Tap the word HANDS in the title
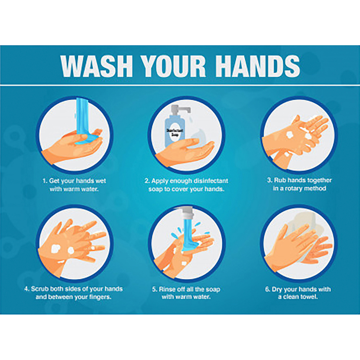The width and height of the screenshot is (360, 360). pyautogui.click(x=258, y=66)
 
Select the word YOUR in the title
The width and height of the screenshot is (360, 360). pyautogui.click(x=174, y=66)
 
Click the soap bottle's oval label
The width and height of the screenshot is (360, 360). pyautogui.click(x=175, y=133)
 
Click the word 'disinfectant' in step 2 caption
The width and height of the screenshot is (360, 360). pyautogui.click(x=211, y=181)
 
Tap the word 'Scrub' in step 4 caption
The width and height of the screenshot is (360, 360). pyautogui.click(x=40, y=288)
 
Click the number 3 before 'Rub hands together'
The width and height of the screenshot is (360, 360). pyautogui.click(x=269, y=180)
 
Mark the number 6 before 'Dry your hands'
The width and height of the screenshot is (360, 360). pyautogui.click(x=268, y=289)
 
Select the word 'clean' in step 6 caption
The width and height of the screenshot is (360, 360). pyautogui.click(x=291, y=297)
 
